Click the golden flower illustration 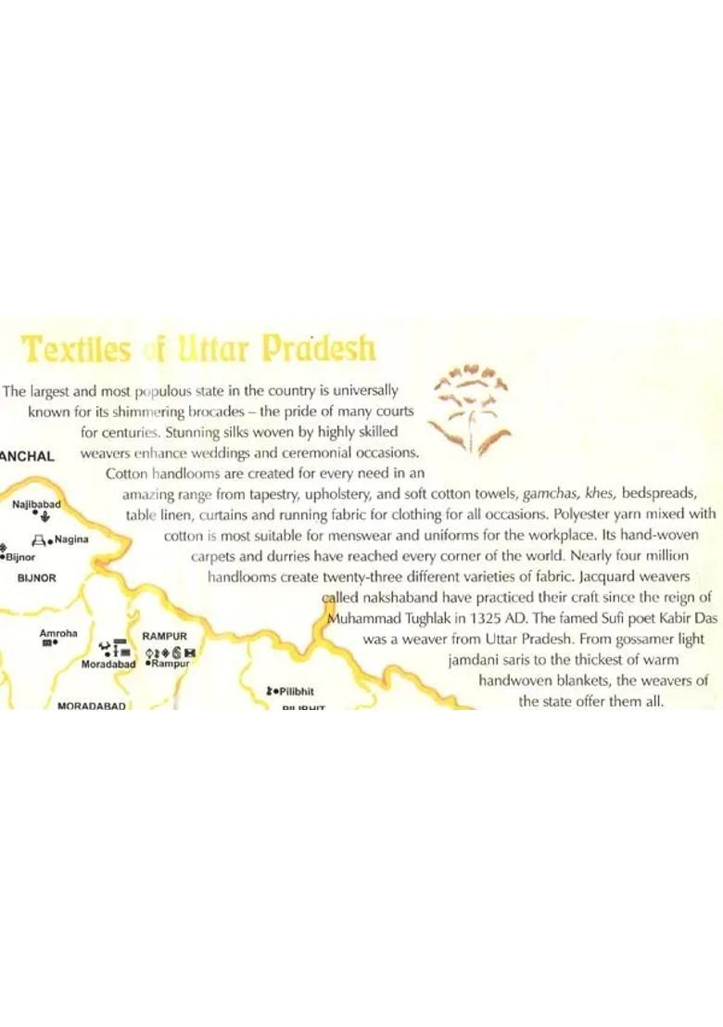pos(472,408)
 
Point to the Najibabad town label pos(37,503)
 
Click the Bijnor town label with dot pos(20,557)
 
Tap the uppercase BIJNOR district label pos(37,577)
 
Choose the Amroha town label pos(58,633)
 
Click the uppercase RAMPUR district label pos(165,637)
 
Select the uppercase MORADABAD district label pos(91,706)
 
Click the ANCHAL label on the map pos(28,456)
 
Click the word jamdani pos(475,660)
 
